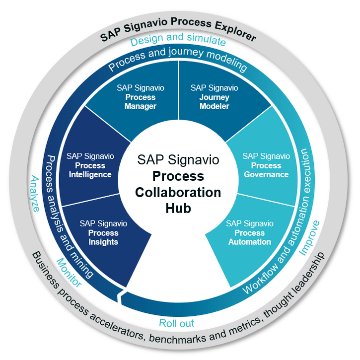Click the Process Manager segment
tap(141, 97)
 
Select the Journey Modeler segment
tap(214, 97)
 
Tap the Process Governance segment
tap(265, 165)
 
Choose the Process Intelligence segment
tap(90, 165)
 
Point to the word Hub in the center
tap(178, 208)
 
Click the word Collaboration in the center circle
tap(178, 192)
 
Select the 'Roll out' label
tap(176, 323)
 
